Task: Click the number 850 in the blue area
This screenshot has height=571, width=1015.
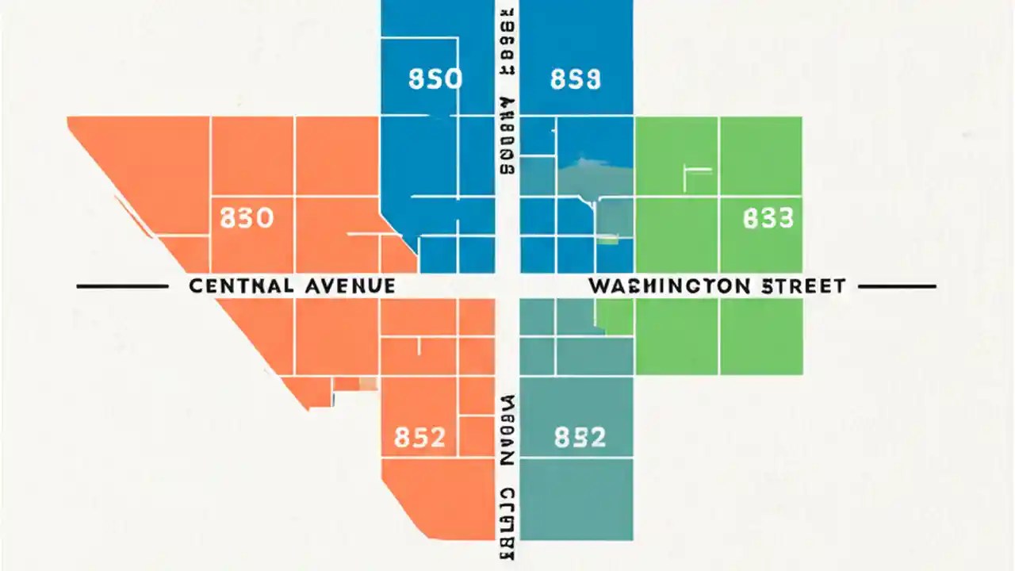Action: pos(435,80)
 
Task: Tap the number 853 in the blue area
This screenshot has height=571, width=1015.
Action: pos(575,80)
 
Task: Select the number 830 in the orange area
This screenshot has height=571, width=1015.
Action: pos(247,217)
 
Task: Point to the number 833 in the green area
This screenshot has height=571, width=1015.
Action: pos(768,218)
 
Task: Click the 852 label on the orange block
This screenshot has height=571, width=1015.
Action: pos(419,437)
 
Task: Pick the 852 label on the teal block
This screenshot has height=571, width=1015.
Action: pos(580,437)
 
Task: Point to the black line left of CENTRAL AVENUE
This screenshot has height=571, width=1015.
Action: pos(121,285)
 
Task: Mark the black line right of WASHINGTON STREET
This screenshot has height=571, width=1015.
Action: pos(897,285)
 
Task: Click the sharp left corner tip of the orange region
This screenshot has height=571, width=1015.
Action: pos(70,119)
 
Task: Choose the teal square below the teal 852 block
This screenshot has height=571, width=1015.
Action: pos(576,500)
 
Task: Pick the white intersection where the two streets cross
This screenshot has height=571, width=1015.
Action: pos(507,285)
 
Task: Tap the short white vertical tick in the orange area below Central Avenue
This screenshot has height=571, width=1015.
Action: pos(419,345)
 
